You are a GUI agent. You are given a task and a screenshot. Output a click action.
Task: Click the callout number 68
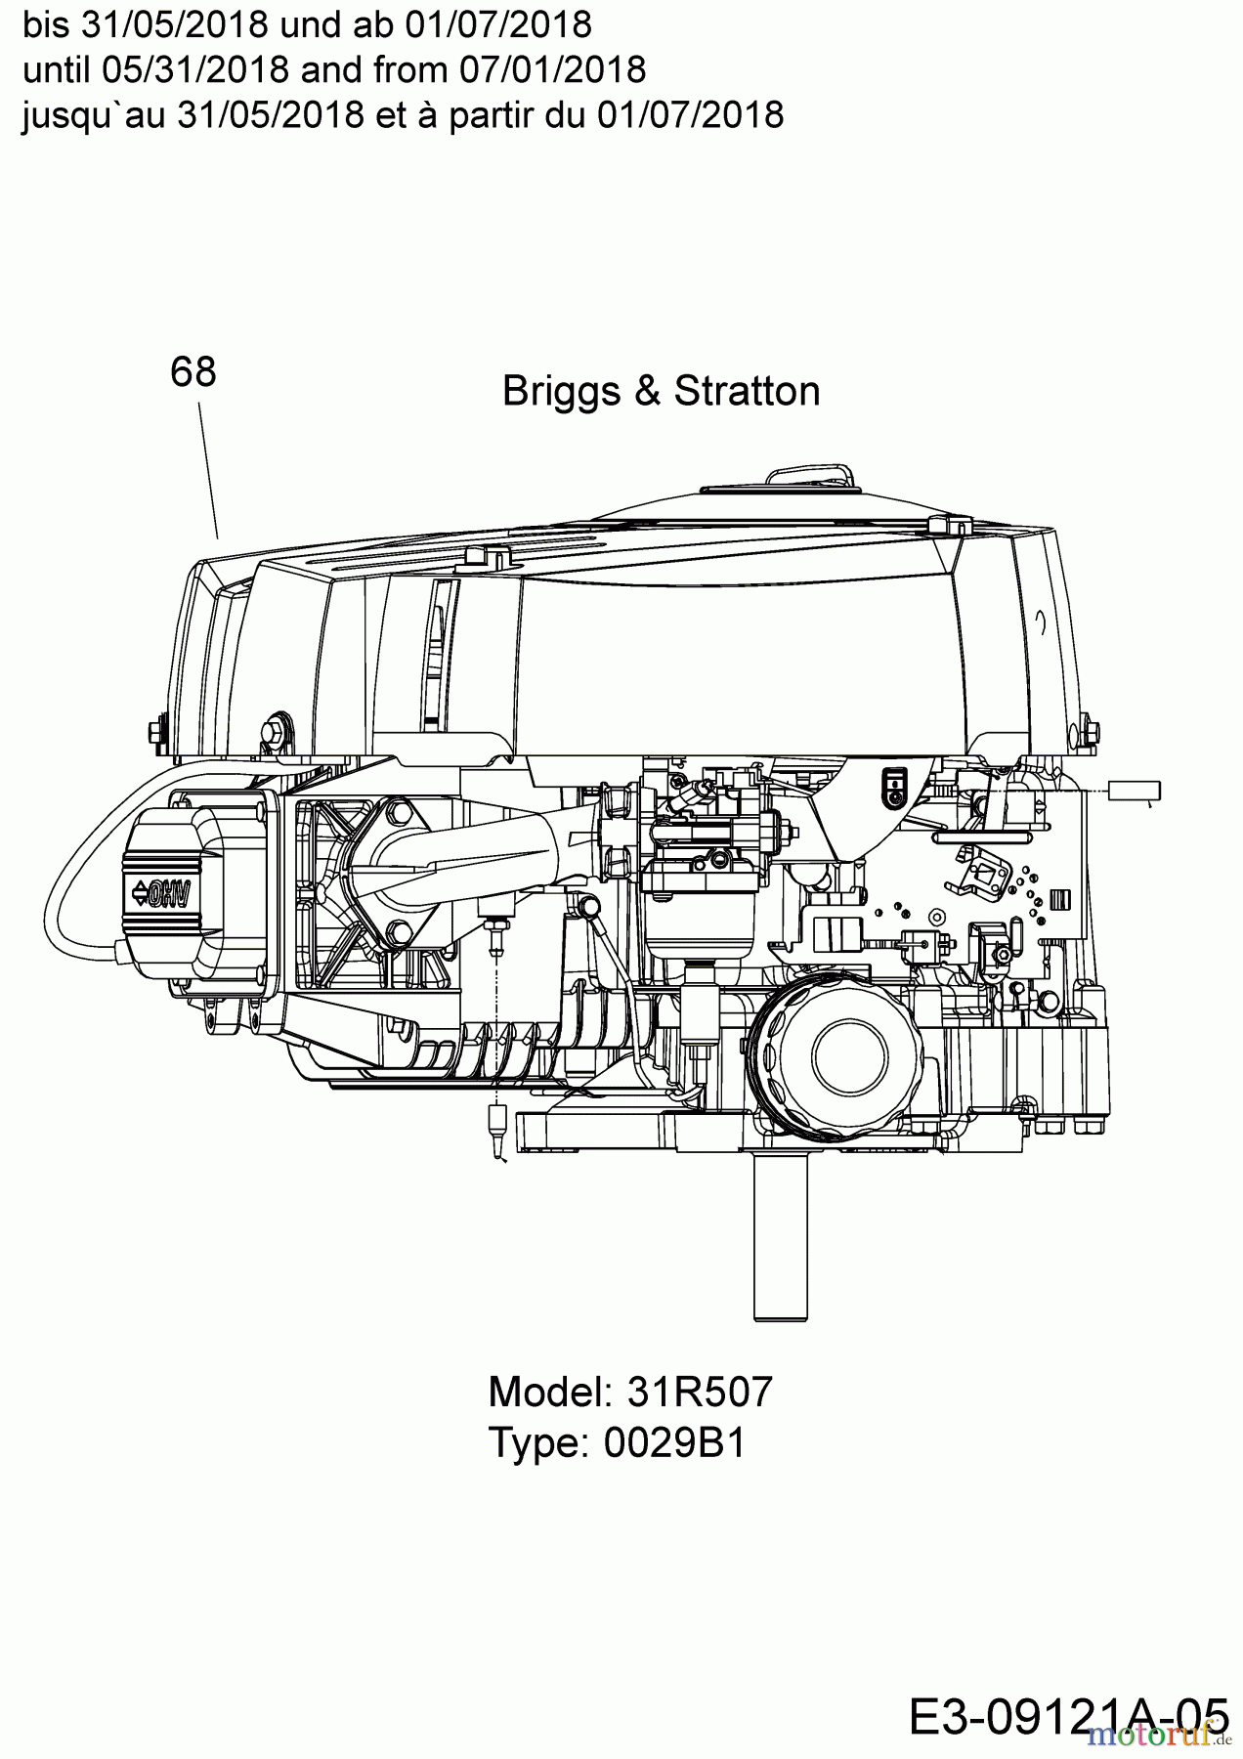193,371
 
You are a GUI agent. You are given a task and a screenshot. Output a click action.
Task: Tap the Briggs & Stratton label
661,391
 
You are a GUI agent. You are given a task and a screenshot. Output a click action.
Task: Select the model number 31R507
699,1391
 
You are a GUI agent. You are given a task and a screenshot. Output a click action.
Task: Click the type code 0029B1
674,1442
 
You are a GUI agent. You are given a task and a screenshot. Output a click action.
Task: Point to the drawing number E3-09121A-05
1067,1715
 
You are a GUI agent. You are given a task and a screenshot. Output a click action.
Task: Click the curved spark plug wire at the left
68,879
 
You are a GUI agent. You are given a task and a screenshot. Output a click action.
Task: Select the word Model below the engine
547,1391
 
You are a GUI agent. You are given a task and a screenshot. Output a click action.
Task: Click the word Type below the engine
533,1442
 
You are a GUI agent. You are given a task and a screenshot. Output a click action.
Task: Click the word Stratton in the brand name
747,391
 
